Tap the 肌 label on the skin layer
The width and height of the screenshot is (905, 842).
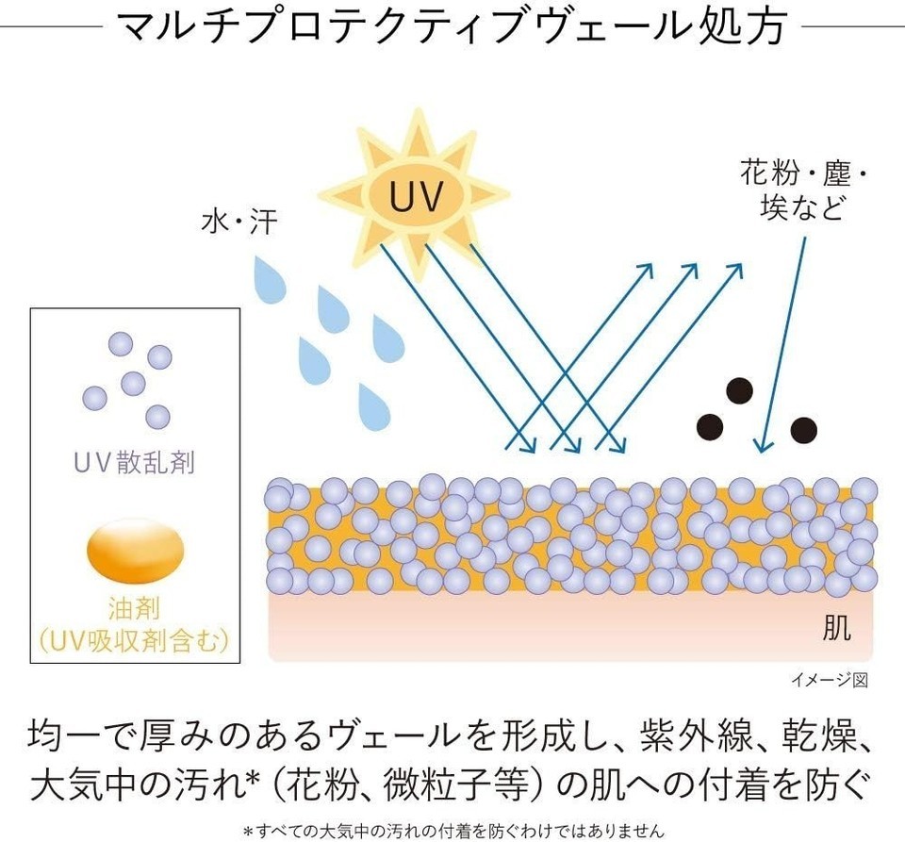click(x=836, y=629)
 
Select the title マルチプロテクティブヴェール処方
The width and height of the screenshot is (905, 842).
click(x=452, y=28)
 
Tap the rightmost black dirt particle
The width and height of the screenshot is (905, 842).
click(x=803, y=430)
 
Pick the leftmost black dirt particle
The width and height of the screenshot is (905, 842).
click(x=709, y=426)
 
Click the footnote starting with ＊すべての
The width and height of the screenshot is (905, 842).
click(x=452, y=831)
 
